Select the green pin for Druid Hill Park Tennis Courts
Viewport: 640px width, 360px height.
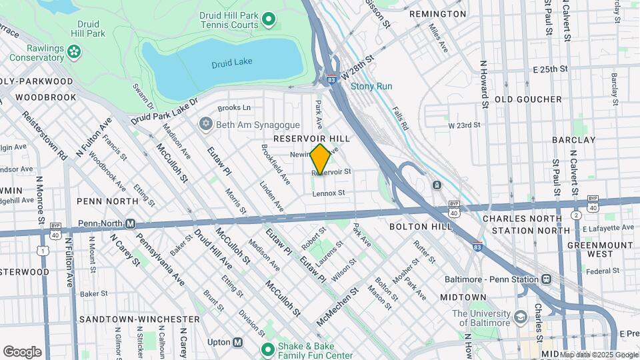[269, 19]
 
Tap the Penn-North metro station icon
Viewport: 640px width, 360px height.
[131, 223]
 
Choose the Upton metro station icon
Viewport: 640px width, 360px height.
[237, 342]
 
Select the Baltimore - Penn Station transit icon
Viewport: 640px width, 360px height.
[546, 278]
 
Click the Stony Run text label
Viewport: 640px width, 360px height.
[371, 87]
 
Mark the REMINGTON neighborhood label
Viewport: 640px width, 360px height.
[437, 14]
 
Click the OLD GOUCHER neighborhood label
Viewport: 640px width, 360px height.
[528, 99]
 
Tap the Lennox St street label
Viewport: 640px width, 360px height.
[328, 193]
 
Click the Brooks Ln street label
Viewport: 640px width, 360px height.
[234, 107]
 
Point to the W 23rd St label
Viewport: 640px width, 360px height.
[465, 125]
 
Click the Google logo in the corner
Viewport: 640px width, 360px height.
[23, 351]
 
